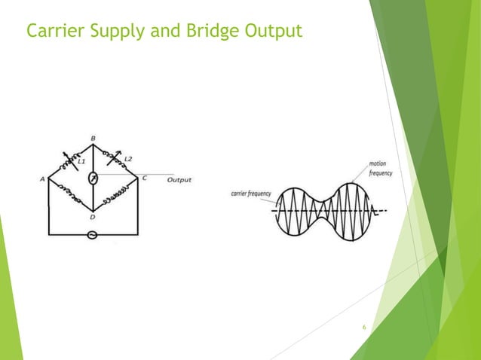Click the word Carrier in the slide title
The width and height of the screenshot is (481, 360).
tap(53, 31)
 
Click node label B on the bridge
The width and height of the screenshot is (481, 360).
tap(93, 139)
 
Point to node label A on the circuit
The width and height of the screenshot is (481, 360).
tap(43, 179)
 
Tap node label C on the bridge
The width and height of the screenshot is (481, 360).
tap(143, 179)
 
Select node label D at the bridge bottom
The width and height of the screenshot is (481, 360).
tap(93, 217)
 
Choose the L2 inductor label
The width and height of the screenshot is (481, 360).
tap(127, 159)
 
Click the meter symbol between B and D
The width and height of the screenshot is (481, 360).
tap(93, 178)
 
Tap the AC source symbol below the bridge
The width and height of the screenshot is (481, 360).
tap(93, 234)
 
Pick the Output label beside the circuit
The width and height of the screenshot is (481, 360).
tap(179, 180)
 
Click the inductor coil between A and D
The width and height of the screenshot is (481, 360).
tap(69, 194)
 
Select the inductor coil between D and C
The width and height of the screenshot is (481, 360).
tap(116, 194)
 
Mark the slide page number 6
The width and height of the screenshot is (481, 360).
tap(364, 328)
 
